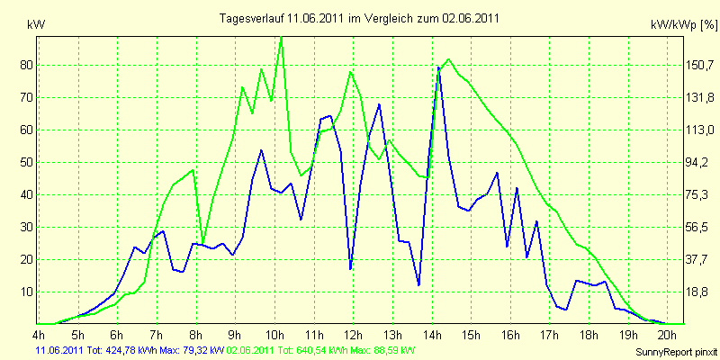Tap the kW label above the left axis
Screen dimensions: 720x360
click(36, 25)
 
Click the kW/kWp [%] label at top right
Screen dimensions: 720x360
click(684, 25)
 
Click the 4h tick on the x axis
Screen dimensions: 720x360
click(39, 333)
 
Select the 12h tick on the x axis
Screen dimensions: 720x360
click(353, 333)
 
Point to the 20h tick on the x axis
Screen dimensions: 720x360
click(667, 333)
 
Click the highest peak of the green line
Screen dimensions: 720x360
click(281, 38)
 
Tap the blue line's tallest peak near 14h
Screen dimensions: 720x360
click(439, 68)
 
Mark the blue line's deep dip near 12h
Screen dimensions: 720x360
click(350, 268)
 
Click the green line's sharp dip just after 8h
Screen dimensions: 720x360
click(203, 243)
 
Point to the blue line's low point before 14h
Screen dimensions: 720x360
click(418, 285)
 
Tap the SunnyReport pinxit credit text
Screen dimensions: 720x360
click(676, 352)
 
